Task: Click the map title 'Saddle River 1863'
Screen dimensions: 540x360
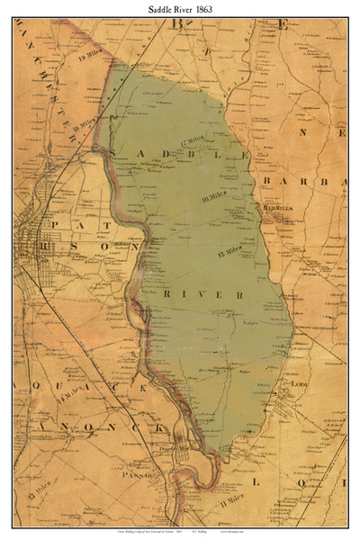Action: pos(179,8)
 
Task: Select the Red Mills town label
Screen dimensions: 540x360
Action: pos(276,206)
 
